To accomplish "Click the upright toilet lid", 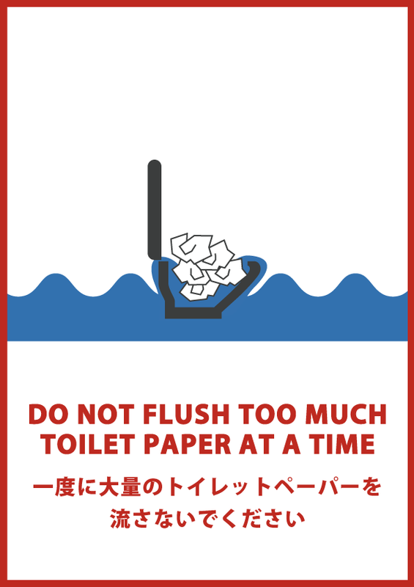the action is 155,210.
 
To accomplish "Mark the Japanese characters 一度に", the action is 65,488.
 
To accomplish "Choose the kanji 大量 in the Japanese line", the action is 120,488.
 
